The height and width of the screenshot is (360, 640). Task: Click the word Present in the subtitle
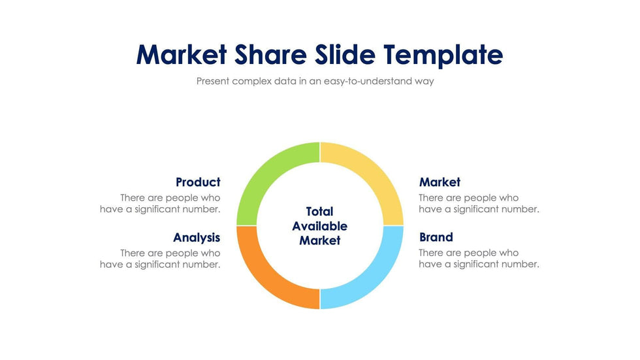(214, 82)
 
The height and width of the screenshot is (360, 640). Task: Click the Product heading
(198, 182)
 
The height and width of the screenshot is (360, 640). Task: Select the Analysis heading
(197, 237)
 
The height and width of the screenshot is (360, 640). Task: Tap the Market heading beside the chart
(440, 182)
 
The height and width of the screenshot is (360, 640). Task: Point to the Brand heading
(436, 237)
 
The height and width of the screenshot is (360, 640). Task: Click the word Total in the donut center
(319, 212)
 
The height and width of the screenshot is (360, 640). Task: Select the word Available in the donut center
(319, 226)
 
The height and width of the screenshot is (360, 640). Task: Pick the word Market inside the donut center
(319, 240)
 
